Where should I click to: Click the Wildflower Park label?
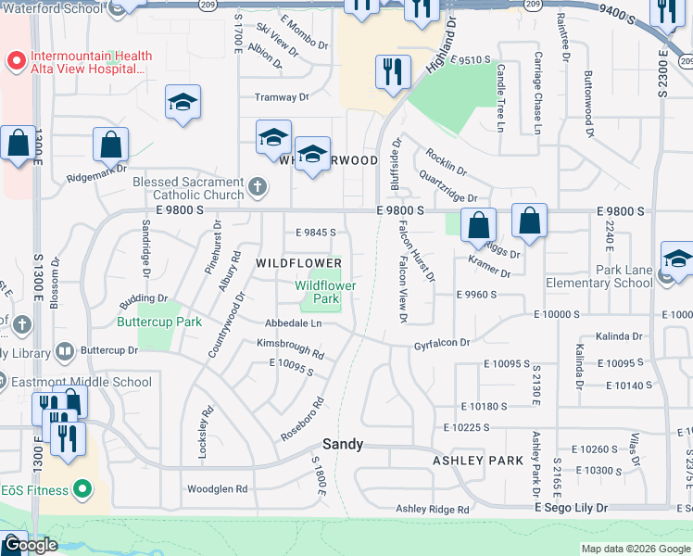tap(325, 293)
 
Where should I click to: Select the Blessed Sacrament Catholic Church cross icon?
tap(258, 189)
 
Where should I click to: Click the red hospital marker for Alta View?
tap(15, 62)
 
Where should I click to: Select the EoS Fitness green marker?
tap(83, 488)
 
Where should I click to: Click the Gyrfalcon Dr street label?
tap(442, 343)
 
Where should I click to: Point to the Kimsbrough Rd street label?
tap(290, 348)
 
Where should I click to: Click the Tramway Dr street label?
tap(281, 96)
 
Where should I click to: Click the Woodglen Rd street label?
tap(218, 488)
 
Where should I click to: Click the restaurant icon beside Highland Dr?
tap(393, 72)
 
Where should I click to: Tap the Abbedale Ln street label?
tap(293, 323)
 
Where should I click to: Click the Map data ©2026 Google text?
tap(635, 549)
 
